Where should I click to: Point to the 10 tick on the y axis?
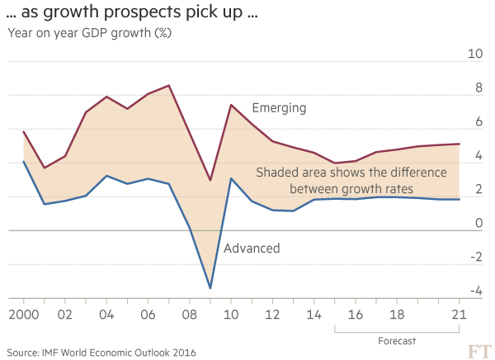click(475, 54)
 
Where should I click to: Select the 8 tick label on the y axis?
click(476, 88)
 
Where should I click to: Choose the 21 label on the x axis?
click(459, 315)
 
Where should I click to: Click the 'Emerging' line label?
click(279, 108)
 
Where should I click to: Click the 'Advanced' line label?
click(252, 248)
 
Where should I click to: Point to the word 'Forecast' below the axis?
click(397, 340)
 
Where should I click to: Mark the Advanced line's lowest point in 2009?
click(211, 289)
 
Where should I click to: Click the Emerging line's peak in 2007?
click(169, 85)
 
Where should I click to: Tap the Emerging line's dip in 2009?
click(211, 180)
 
